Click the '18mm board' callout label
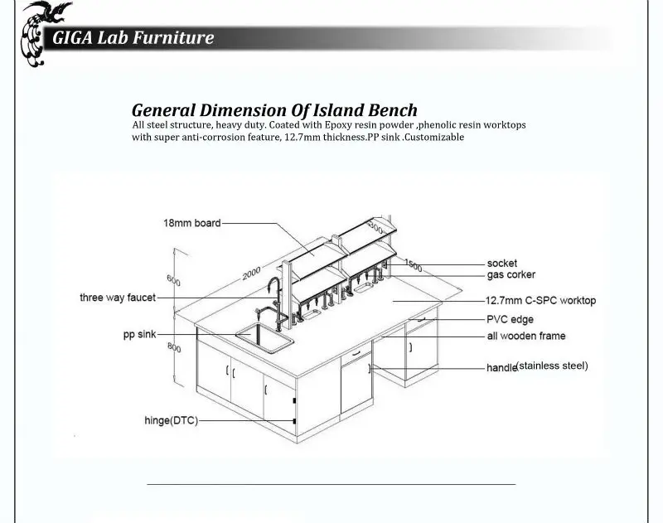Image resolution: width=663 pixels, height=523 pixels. [192, 223]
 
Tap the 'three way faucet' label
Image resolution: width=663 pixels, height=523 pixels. [118, 298]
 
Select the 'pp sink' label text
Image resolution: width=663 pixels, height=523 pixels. [139, 334]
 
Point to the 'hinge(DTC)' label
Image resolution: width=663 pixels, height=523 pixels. [172, 421]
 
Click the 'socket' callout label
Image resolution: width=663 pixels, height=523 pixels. [502, 264]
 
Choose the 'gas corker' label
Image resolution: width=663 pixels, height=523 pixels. [511, 275]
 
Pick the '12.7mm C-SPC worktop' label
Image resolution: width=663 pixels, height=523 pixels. [541, 301]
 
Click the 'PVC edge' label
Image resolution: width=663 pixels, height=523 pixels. [510, 319]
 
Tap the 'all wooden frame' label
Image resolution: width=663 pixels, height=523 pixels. [526, 337]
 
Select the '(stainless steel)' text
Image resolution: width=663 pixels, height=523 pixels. [552, 366]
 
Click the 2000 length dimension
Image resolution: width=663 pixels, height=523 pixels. [251, 274]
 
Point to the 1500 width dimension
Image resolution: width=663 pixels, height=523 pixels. [413, 265]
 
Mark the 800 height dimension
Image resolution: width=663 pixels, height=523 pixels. [174, 347]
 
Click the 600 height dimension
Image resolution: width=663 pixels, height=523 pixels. [173, 280]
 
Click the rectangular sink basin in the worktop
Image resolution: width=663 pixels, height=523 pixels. [264, 337]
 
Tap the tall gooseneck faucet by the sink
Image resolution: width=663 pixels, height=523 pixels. [274, 301]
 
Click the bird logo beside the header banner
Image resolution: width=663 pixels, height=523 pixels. [41, 34]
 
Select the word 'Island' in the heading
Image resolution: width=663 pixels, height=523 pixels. [338, 110]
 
